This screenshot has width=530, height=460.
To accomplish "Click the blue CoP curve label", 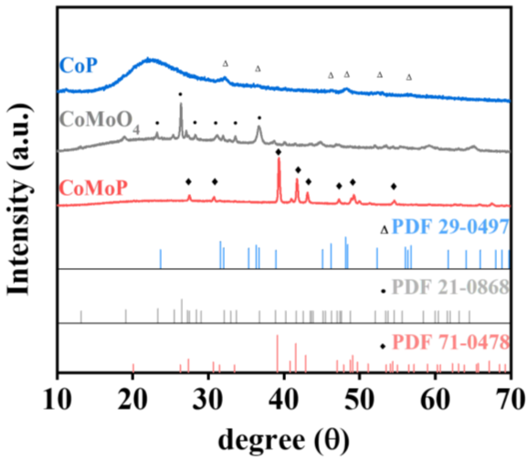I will (79, 65).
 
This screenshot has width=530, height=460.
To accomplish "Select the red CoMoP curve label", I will (93, 188).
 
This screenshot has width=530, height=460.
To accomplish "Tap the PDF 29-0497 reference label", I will (450, 227).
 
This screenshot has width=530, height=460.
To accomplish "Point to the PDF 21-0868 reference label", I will (450, 287).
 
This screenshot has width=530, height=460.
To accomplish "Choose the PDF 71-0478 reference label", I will (450, 342).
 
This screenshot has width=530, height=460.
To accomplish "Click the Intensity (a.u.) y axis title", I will (19, 199).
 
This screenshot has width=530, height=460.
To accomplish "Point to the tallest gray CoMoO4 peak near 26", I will (181, 105).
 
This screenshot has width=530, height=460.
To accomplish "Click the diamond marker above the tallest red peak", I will (278, 152).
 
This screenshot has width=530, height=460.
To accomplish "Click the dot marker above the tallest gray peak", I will (180, 94).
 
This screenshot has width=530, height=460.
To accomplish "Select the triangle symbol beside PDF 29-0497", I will (384, 230).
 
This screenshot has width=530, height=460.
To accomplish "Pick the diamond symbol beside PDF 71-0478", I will (383, 346).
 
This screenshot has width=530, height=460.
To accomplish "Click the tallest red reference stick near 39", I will (277, 353).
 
